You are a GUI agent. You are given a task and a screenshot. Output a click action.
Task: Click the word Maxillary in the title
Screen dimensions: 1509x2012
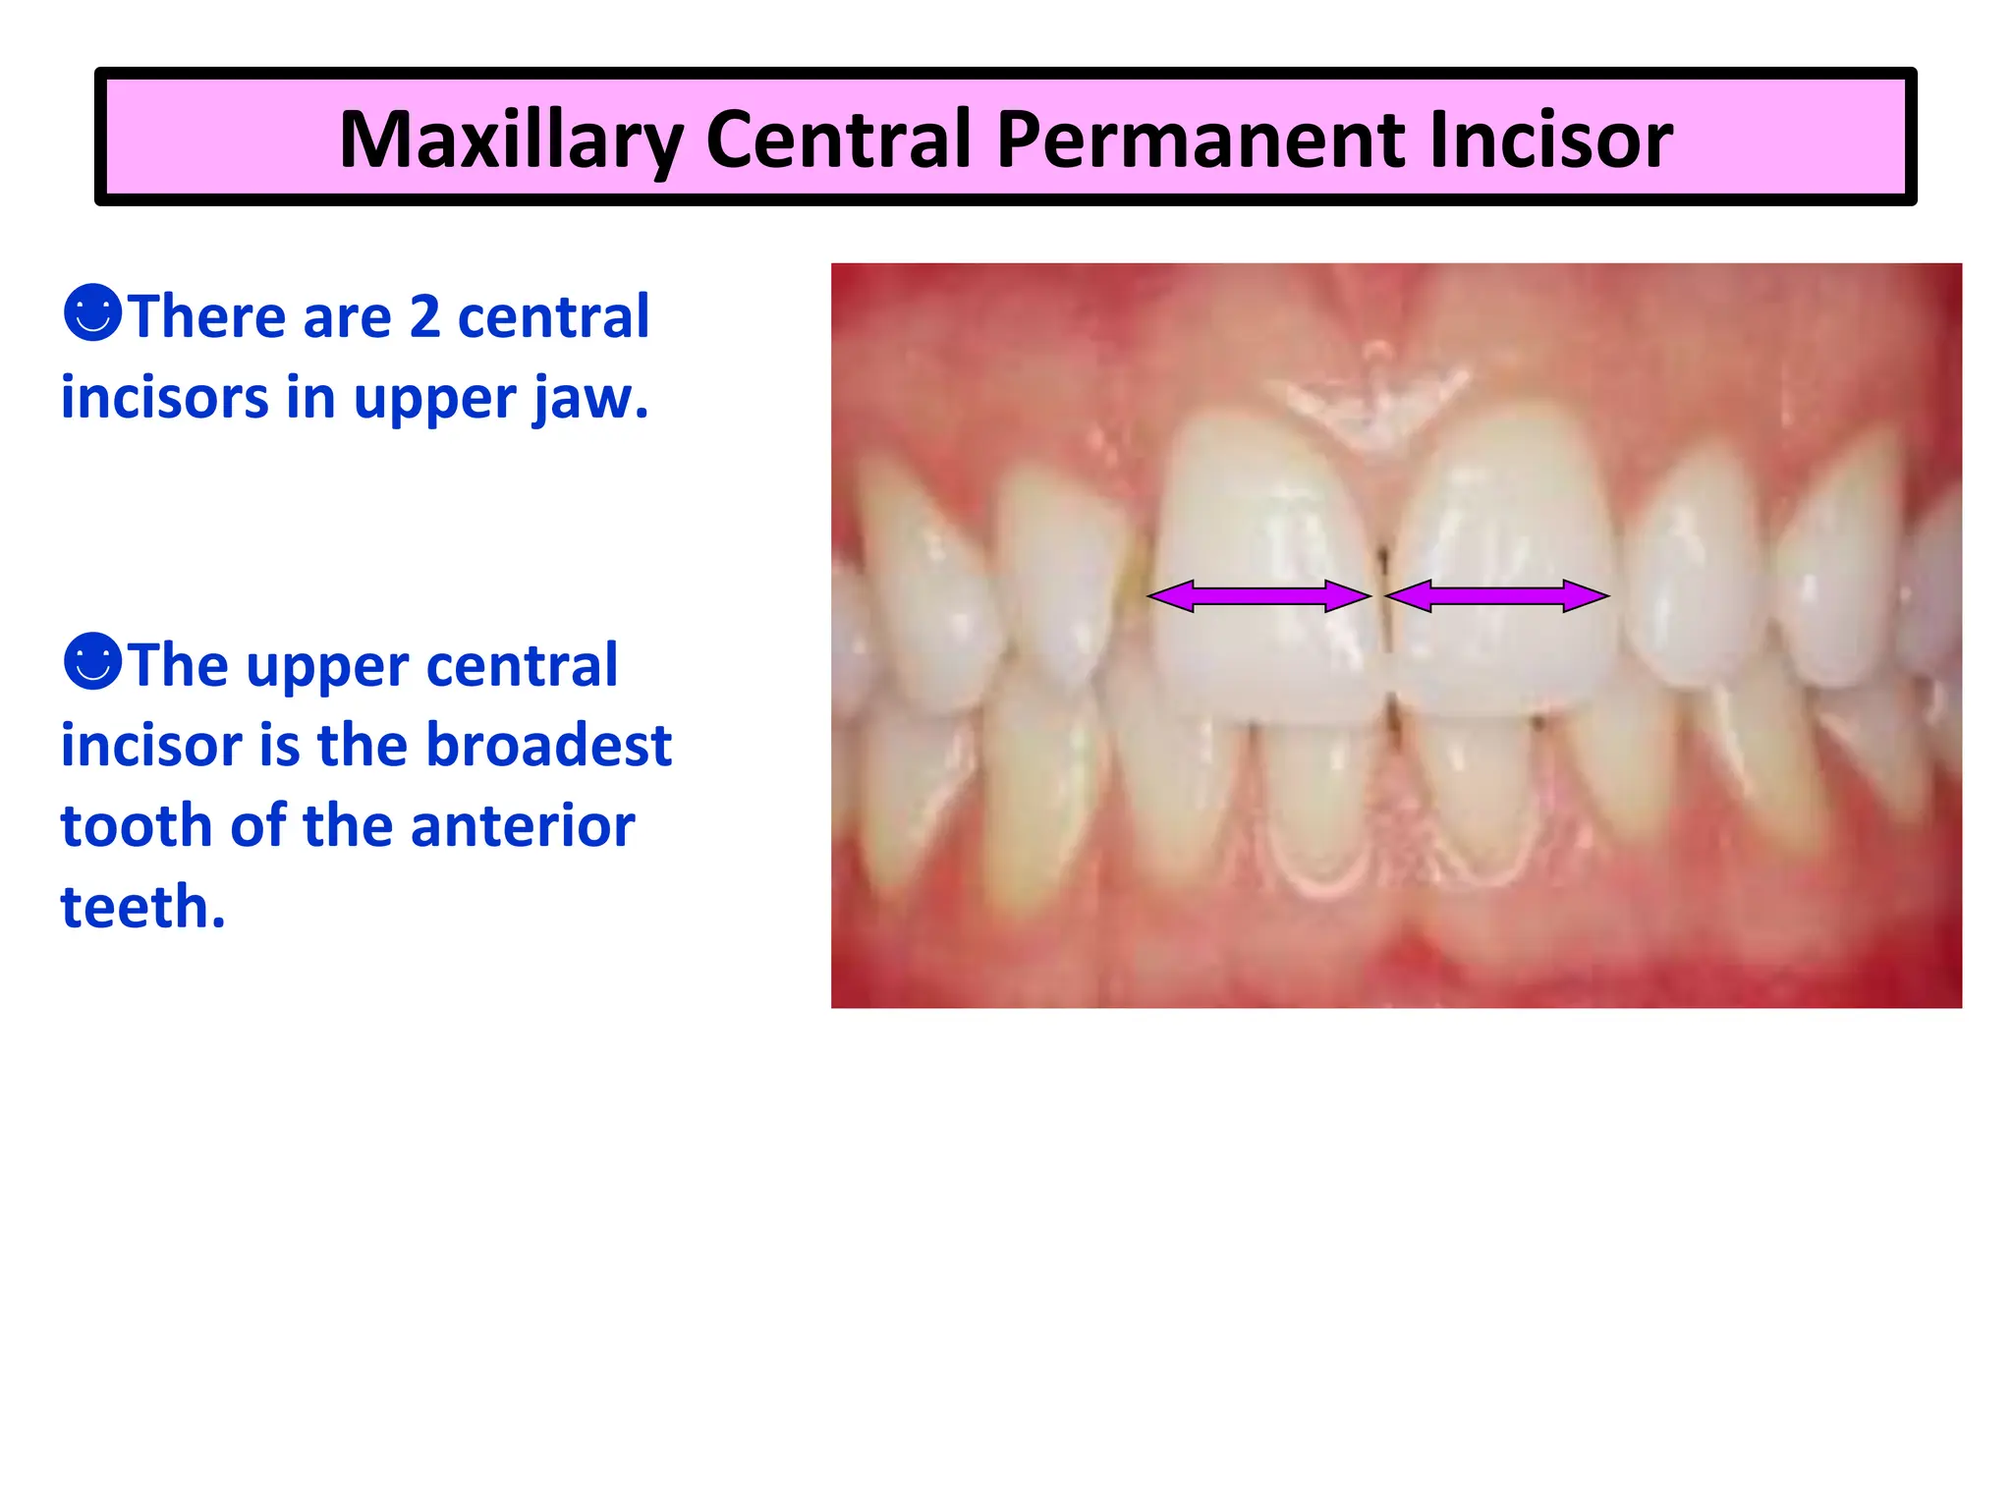pyautogui.click(x=510, y=140)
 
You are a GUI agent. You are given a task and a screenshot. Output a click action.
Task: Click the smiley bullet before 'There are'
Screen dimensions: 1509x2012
pyautogui.click(x=92, y=313)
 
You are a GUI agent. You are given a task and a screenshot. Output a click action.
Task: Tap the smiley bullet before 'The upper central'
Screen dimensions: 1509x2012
pyautogui.click(x=92, y=661)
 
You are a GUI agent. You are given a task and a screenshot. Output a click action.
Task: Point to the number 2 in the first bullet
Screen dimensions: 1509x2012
pyautogui.click(x=424, y=316)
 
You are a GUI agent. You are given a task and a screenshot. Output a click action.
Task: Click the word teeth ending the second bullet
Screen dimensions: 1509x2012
pyautogui.click(x=142, y=906)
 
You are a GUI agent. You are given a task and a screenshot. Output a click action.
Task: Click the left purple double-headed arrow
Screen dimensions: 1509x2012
pyautogui.click(x=1258, y=595)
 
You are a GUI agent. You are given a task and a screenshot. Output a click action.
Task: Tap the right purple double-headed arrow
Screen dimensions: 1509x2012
pyautogui.click(x=1496, y=595)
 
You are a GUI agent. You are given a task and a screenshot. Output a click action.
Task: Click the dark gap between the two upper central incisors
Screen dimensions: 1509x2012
pyautogui.click(x=1383, y=609)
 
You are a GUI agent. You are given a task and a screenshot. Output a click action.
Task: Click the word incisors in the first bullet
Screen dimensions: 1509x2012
pyautogui.click(x=164, y=398)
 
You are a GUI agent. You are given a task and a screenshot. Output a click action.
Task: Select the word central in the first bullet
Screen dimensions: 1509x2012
pyautogui.click(x=553, y=316)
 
